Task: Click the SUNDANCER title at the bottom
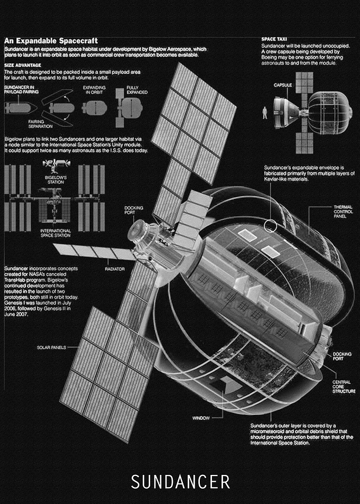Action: [x=180, y=482]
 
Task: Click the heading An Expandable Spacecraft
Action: [x=51, y=41]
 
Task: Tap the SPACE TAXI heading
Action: [x=274, y=39]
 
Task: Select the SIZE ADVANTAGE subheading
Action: [x=23, y=65]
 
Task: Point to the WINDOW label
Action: [x=201, y=418]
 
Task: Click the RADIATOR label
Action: [x=115, y=269]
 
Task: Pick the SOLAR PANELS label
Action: [x=51, y=347]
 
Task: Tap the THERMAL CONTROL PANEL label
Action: [x=343, y=212]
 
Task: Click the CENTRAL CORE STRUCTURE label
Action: [x=344, y=387]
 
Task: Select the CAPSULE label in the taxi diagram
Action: [x=283, y=85]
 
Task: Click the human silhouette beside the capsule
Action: [x=265, y=113]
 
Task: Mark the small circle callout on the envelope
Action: [x=270, y=225]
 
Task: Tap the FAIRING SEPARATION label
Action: [x=40, y=124]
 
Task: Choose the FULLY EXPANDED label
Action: [x=137, y=90]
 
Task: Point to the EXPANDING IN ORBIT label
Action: [x=94, y=90]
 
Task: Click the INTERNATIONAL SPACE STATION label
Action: [x=56, y=233]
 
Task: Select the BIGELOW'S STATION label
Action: [x=56, y=180]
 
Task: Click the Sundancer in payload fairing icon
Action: [x=20, y=108]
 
